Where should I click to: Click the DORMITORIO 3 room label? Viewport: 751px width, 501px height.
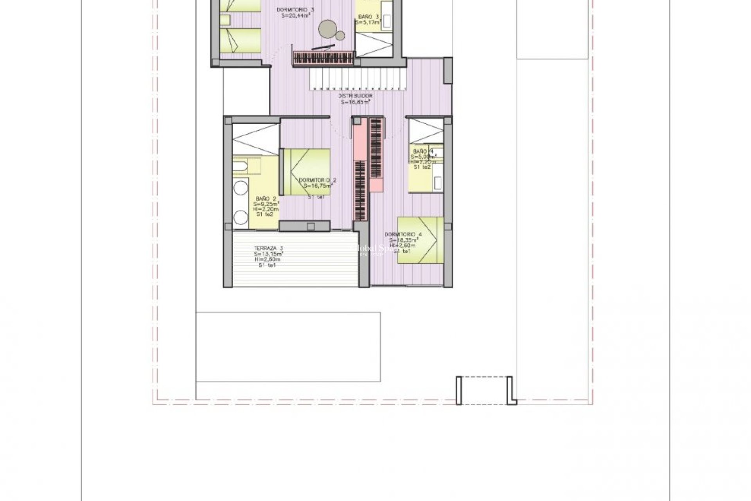pos(295,10)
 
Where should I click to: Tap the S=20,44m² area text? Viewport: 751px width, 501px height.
pos(296,16)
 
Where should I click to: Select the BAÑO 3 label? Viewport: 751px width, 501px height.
pos(368,17)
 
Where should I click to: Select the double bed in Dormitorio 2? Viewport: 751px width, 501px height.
pos(307,172)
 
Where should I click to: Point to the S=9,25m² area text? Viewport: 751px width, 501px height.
pos(266,204)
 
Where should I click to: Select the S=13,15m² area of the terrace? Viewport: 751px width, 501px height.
pos(268,254)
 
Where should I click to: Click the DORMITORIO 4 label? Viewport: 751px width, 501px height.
pos(403,234)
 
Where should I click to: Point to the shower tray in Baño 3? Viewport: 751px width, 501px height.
pos(374,45)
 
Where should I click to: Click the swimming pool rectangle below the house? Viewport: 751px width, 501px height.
pos(288,347)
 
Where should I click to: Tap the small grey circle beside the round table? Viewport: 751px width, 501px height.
pos(340,36)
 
